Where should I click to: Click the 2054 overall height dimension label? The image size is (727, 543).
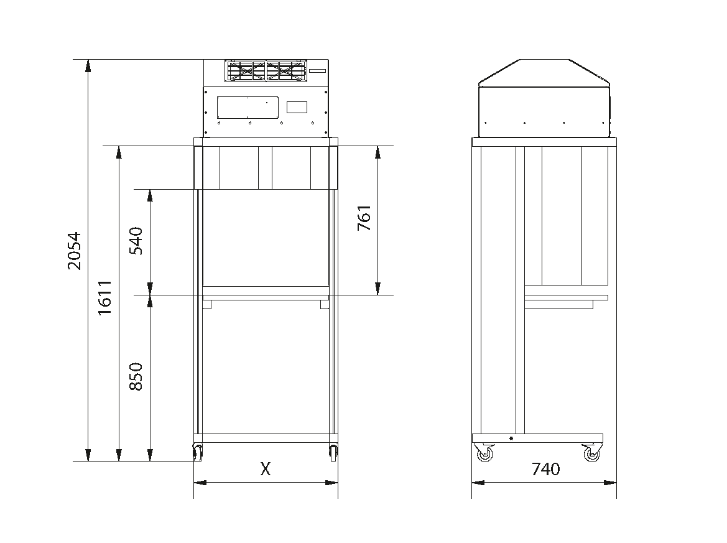74,251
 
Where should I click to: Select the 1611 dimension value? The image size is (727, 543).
104,298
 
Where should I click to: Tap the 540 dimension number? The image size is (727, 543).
136,241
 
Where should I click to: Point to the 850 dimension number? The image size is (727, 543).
136,376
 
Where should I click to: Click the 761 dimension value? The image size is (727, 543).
364,218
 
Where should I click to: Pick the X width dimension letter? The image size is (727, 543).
265,469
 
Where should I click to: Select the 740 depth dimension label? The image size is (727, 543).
545,469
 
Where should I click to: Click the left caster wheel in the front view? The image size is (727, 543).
198,452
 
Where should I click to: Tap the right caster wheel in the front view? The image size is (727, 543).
333,452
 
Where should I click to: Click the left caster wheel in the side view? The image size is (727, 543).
484,453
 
